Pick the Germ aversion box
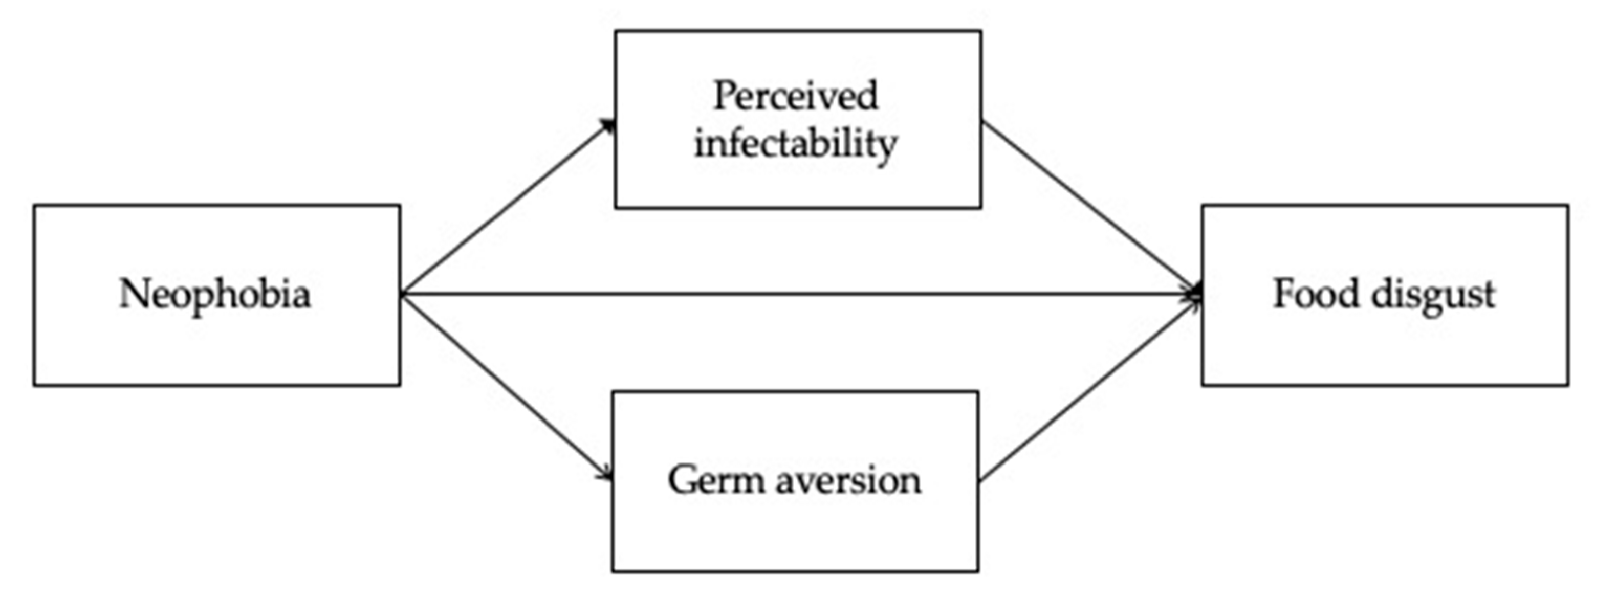coord(795,534)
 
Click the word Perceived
coord(795,96)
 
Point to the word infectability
coord(795,144)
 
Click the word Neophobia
coord(215,294)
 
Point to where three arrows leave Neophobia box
coord(403,294)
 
